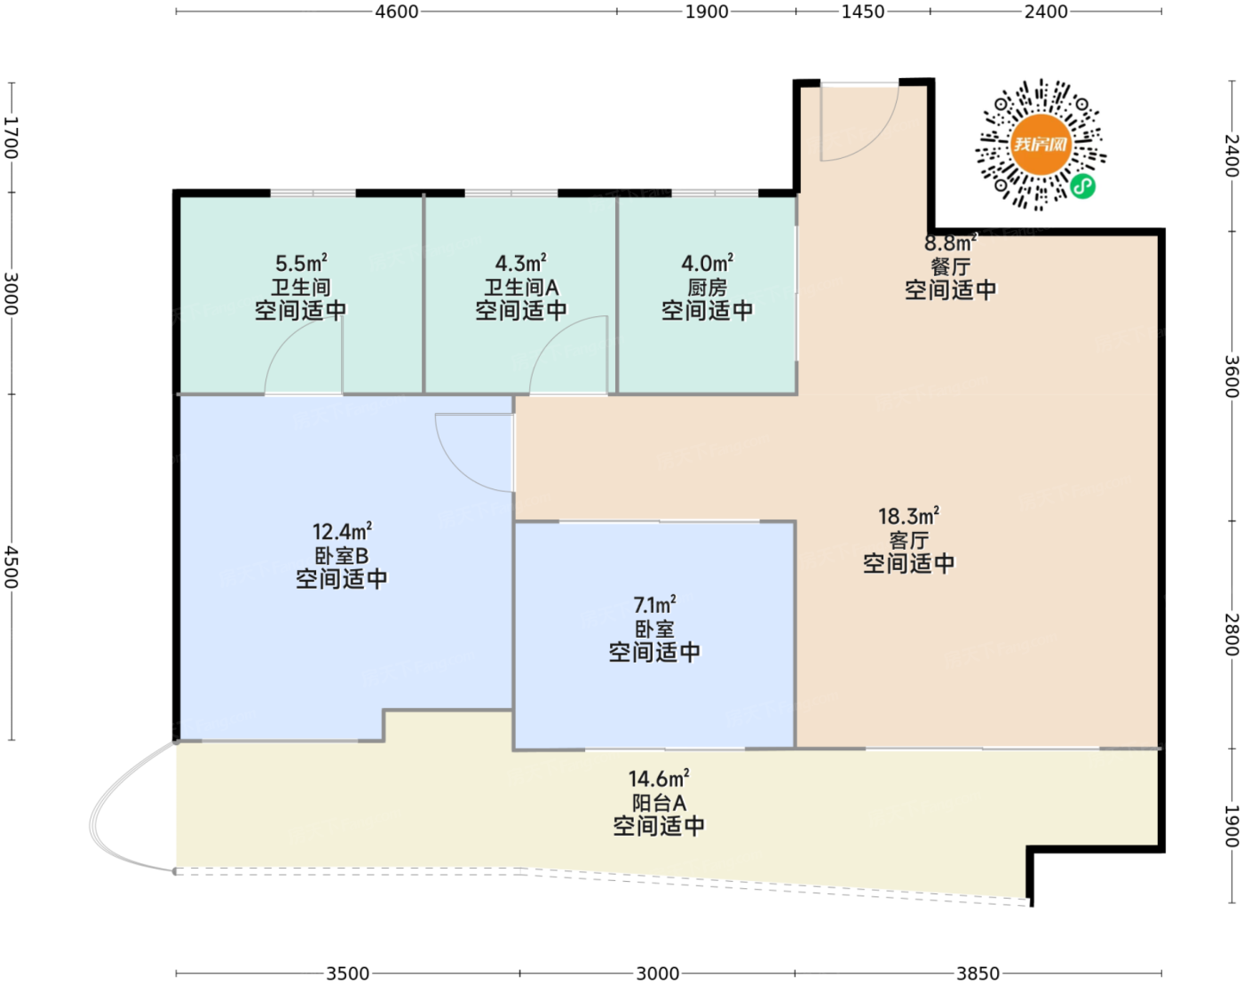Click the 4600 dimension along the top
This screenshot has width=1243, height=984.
coord(396,12)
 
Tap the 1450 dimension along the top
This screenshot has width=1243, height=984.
coord(862,12)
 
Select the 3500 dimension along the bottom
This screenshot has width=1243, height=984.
coord(348,973)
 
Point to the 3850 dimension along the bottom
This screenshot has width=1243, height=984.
coord(978,973)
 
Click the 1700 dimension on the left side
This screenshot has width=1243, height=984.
coord(12,138)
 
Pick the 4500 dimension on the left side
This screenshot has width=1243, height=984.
coord(12,567)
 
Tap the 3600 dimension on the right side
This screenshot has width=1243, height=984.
coord(1231,377)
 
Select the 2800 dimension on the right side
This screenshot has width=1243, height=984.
coord(1231,634)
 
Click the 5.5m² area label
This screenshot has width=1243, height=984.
coord(301,263)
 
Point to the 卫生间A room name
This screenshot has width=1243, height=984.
coord(521,287)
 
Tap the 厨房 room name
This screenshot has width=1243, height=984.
coord(707,287)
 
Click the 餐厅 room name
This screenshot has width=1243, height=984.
coord(950,266)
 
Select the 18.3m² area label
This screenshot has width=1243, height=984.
coord(908,516)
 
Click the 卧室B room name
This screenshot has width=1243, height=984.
coord(341,555)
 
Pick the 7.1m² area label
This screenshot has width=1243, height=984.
coord(654,605)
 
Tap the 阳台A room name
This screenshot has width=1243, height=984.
coord(659,803)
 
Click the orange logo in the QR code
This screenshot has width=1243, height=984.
coord(1041,145)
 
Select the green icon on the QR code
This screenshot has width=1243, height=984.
coord(1082,186)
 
